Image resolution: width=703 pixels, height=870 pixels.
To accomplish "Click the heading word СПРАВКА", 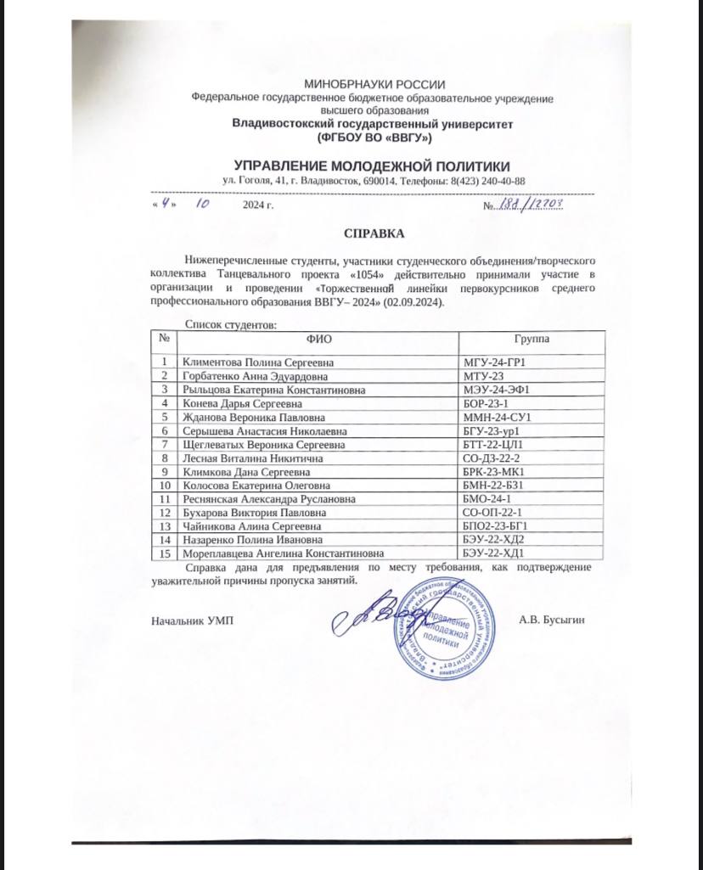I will [x=374, y=233].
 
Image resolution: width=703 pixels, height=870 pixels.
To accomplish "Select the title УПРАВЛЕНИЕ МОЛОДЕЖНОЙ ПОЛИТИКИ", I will [x=373, y=165].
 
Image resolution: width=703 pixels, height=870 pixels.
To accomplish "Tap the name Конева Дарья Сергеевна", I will [x=235, y=403].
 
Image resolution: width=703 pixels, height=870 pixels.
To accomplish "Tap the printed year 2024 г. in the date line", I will [x=258, y=206].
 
